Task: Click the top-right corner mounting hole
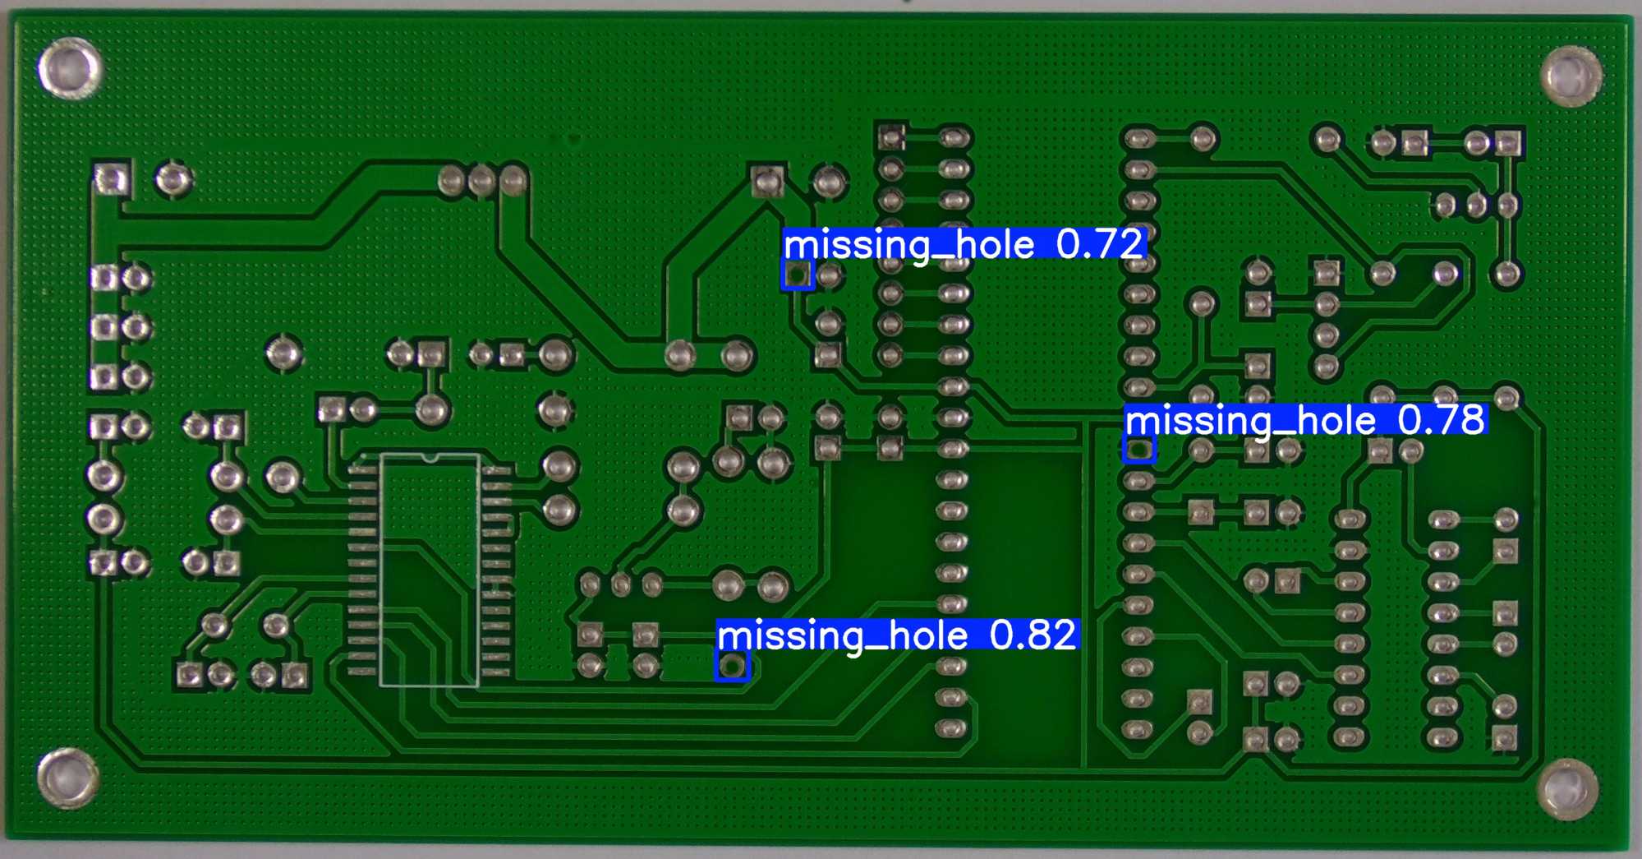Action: [x=1571, y=76]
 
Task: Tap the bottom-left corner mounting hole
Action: [x=67, y=778]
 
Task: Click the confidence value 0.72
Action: [x=1100, y=244]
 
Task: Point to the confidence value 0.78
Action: [x=1442, y=420]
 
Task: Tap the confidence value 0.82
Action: [x=1033, y=635]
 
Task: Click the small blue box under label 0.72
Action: [x=797, y=275]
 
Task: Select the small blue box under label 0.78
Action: [x=1138, y=450]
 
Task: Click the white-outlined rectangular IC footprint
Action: [x=430, y=569]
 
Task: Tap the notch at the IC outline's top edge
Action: [x=430, y=456]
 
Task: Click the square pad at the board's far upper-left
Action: [x=111, y=178]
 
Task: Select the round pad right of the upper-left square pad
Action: [x=172, y=178]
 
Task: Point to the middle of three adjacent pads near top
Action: [x=481, y=179]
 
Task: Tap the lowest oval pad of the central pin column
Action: [x=950, y=728]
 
